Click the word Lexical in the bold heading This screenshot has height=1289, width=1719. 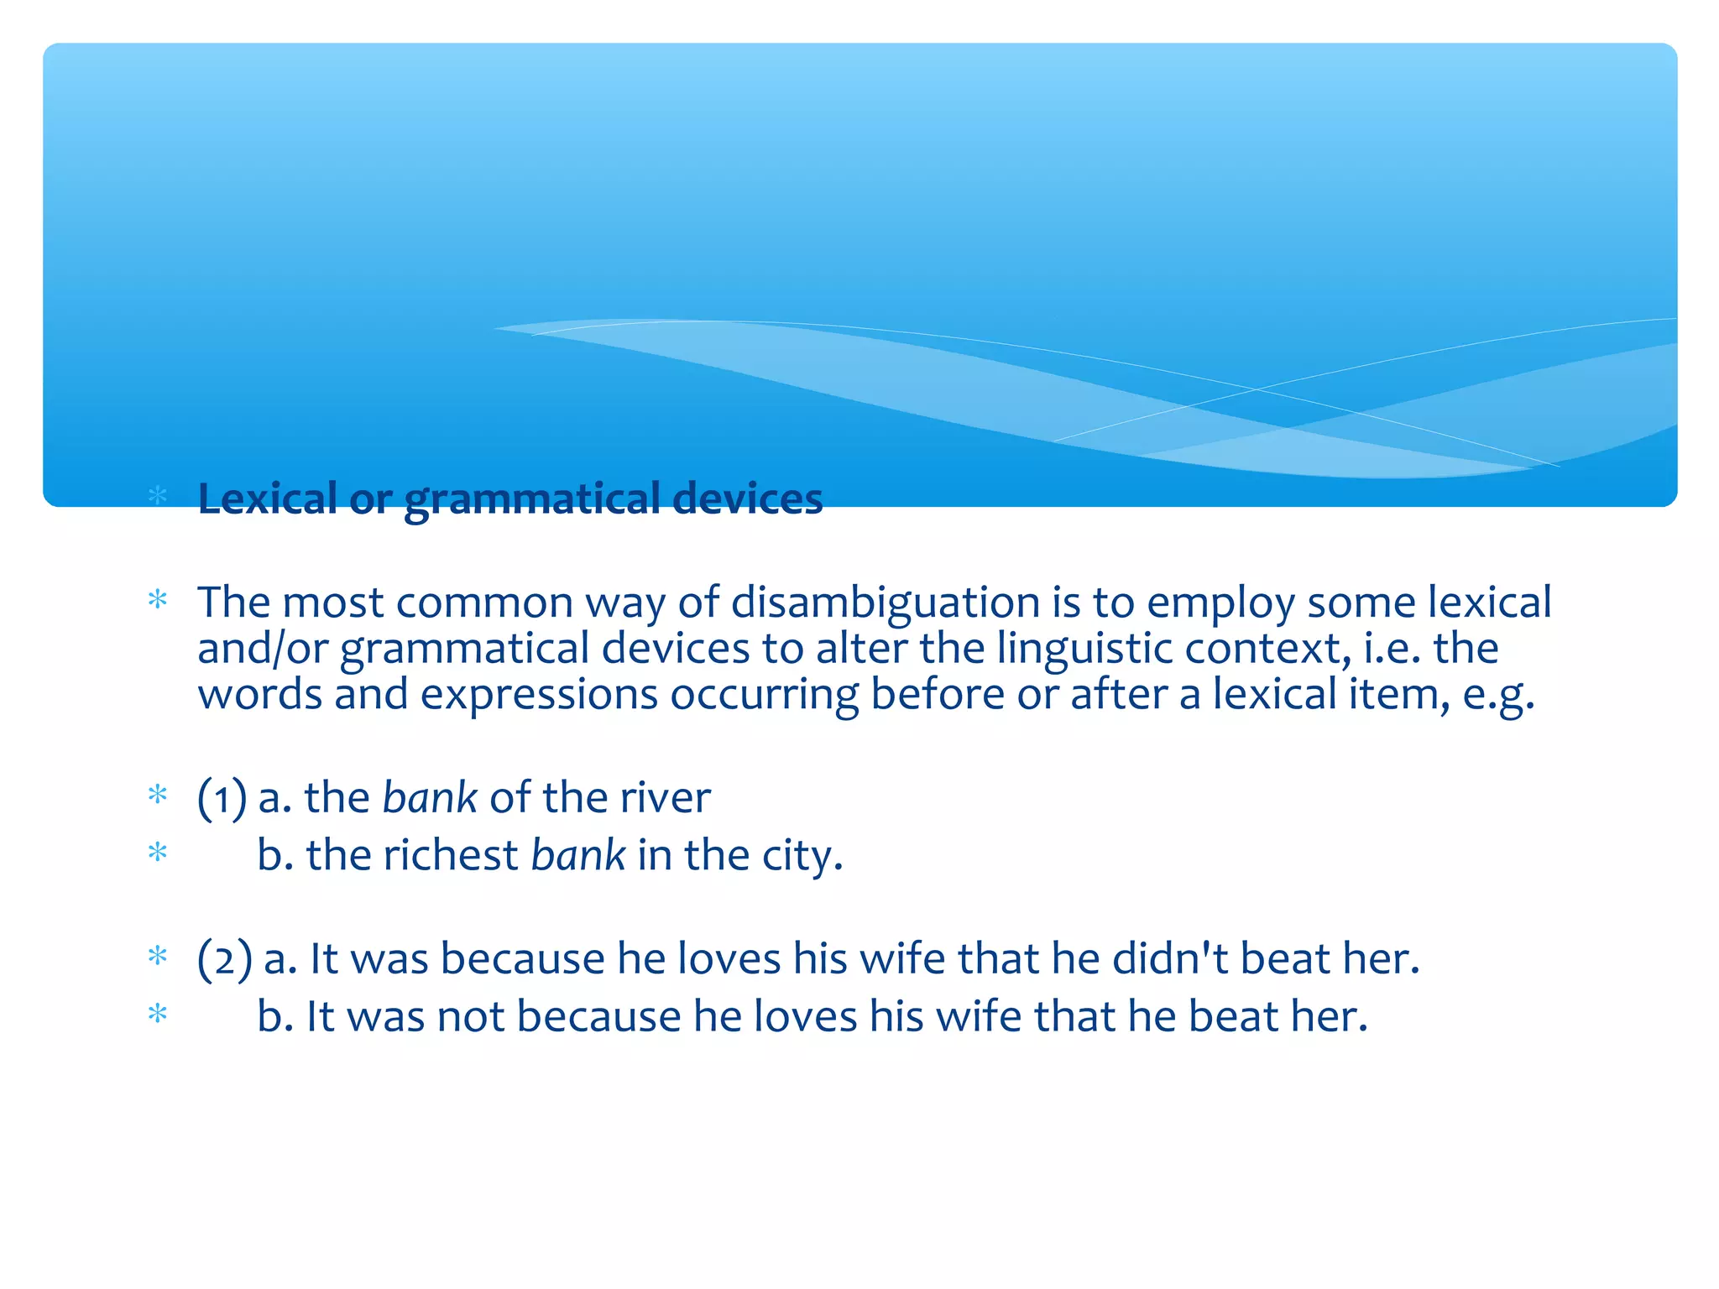click(x=267, y=498)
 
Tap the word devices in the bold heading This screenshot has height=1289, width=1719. click(x=747, y=498)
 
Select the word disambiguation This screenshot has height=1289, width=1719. click(x=885, y=603)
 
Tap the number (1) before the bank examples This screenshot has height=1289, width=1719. click(x=222, y=796)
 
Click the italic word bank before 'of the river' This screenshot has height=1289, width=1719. click(x=429, y=796)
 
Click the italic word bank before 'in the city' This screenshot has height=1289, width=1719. click(x=577, y=855)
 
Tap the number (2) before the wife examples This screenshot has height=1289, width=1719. click(x=224, y=958)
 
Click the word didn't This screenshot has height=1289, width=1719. click(x=1171, y=958)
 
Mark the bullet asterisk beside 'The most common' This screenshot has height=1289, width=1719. click(x=158, y=600)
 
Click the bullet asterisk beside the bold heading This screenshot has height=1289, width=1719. click(x=158, y=495)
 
